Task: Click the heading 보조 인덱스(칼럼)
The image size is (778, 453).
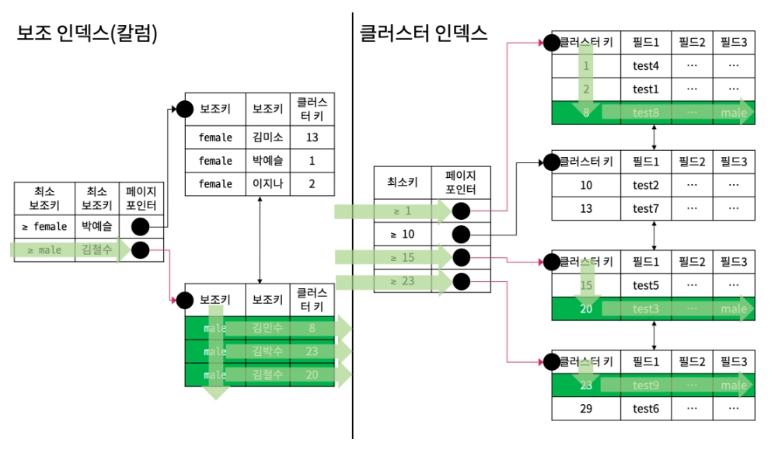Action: pos(87,34)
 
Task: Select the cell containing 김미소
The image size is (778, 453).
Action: pos(267,138)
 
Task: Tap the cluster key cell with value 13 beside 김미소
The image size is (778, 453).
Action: pos(312,138)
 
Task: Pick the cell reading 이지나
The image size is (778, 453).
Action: pos(267,183)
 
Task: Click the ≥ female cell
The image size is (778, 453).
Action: pos(44,227)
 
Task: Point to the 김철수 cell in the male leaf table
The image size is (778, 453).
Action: pos(267,375)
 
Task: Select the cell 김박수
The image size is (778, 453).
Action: pos(267,351)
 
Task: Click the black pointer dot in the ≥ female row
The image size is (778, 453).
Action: pos(141,227)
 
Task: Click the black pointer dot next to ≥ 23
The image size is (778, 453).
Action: pos(461,281)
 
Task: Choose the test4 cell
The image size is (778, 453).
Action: pos(645,66)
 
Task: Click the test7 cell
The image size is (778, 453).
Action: pos(645,208)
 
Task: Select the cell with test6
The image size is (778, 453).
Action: pos(645,408)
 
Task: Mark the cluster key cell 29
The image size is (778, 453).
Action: pos(586,408)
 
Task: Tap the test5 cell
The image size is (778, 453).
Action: pos(645,285)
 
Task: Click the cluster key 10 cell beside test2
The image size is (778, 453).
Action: pos(586,185)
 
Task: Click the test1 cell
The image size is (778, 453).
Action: pos(645,89)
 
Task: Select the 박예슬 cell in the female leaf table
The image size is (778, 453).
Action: pos(267,161)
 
